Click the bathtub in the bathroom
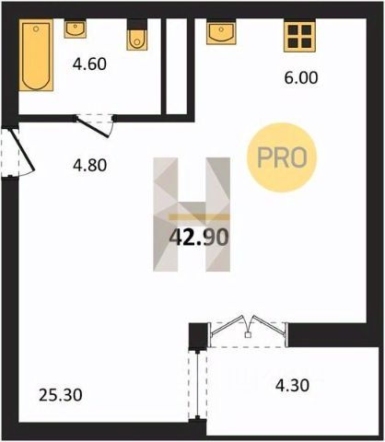36,55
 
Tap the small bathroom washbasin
76,29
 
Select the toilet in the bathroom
137,35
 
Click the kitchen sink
221,32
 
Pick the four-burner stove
299,36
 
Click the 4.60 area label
89,64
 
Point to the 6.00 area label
301,77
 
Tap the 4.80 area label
89,165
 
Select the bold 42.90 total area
199,237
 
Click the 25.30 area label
61,395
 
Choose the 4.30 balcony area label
292,386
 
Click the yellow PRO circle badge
282,157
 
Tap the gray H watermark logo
192,215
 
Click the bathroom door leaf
93,127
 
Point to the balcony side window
197,385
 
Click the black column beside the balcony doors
198,336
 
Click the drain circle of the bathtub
36,29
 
